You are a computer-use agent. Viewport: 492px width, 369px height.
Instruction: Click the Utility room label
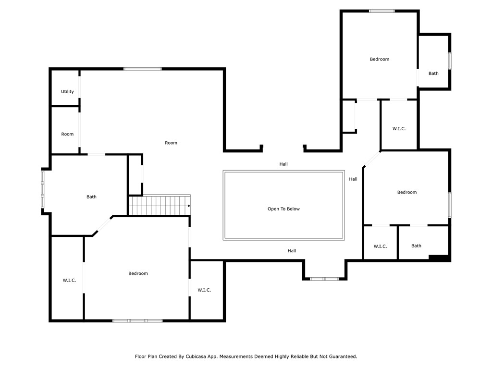click(x=67, y=92)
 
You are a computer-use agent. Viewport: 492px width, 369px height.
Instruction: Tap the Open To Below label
click(x=283, y=209)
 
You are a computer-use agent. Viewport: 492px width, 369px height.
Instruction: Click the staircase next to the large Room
click(x=159, y=205)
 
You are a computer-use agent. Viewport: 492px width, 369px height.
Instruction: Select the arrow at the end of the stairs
click(x=189, y=206)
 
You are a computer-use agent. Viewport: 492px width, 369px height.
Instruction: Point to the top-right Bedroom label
click(x=380, y=59)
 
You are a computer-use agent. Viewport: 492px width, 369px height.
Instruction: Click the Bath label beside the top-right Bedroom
click(x=433, y=74)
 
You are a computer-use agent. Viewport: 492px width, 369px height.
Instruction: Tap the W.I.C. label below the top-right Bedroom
click(x=399, y=129)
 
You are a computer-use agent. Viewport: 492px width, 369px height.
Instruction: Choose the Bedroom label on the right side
click(x=407, y=192)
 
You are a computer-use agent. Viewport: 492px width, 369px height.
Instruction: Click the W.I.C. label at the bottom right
click(x=380, y=246)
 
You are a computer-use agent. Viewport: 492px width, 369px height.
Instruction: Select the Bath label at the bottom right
click(x=416, y=246)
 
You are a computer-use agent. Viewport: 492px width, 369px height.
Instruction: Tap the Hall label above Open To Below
click(x=283, y=164)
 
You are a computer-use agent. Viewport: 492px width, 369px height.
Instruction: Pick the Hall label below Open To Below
click(x=292, y=251)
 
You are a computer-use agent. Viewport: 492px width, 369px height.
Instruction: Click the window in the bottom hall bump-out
click(x=324, y=279)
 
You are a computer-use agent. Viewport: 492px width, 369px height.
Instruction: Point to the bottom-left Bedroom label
click(x=138, y=273)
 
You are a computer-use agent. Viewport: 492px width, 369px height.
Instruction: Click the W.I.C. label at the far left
click(x=69, y=280)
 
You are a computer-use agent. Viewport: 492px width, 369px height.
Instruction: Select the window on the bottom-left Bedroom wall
click(x=137, y=320)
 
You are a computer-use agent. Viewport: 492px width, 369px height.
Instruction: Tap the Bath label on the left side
click(x=91, y=197)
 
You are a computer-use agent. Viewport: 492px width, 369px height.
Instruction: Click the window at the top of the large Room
click(x=142, y=69)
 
